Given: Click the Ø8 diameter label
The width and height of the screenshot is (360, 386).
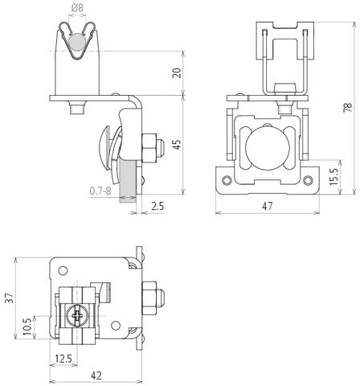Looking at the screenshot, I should [77, 8].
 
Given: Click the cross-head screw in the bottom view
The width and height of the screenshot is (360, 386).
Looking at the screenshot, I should [76, 315].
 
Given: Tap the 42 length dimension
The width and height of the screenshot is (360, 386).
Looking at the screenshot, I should [96, 375].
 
